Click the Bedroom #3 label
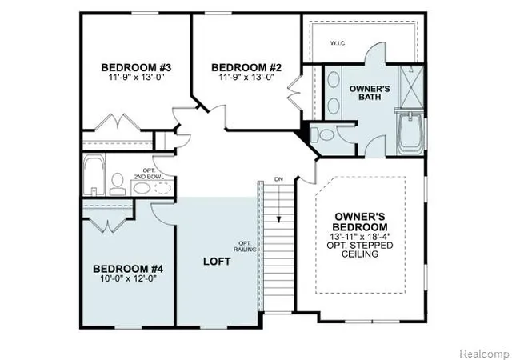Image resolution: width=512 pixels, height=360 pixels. [x=136, y=68]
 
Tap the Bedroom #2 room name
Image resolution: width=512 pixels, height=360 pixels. [x=246, y=68]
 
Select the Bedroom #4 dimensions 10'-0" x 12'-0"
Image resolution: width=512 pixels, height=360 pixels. [x=128, y=278]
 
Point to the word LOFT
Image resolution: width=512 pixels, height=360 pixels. [x=217, y=262]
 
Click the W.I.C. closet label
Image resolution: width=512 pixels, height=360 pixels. [x=338, y=43]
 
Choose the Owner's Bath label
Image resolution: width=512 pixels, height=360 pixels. [x=370, y=93]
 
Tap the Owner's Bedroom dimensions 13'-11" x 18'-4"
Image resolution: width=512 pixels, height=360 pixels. [x=360, y=236]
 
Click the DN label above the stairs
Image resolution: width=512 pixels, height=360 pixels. [x=278, y=179]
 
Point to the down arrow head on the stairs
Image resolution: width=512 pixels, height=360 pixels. [x=279, y=220]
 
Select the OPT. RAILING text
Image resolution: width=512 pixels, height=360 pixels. [x=245, y=246]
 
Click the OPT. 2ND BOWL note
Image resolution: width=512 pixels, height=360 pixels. [x=149, y=174]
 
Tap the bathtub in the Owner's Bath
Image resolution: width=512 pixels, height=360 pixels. [x=410, y=133]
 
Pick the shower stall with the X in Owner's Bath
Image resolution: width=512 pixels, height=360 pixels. [x=411, y=86]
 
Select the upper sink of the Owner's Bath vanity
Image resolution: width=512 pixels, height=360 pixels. [x=334, y=79]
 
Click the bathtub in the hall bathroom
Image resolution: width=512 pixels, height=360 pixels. [x=94, y=174]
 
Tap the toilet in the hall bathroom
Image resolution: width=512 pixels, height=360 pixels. [x=118, y=184]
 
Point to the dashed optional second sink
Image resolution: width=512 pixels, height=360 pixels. [x=163, y=188]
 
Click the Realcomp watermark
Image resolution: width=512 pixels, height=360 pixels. [x=485, y=354]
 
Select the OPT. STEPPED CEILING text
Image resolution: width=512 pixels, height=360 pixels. [x=360, y=250]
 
